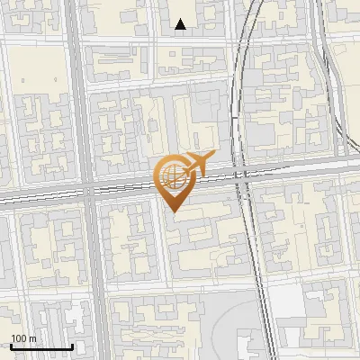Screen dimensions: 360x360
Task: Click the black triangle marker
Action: (x=181, y=24)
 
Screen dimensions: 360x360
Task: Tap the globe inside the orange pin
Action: (x=172, y=175)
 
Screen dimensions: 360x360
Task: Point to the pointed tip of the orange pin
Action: (x=174, y=211)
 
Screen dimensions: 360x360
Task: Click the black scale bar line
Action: (x=40, y=347)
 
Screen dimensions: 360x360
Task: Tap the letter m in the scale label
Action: (x=33, y=338)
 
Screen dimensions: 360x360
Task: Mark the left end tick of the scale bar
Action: (x=10, y=346)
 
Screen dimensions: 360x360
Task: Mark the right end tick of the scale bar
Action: (x=71, y=346)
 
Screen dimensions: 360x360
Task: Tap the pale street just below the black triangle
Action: (x=180, y=40)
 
